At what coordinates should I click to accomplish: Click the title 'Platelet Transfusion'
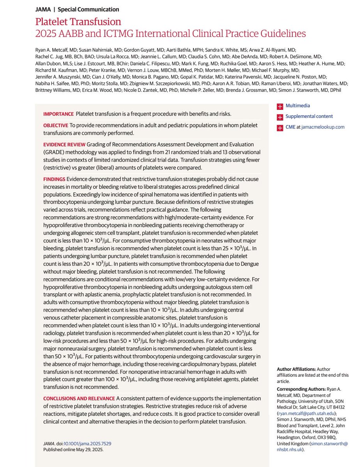click(78, 21)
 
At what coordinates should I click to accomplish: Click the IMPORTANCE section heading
click(58, 114)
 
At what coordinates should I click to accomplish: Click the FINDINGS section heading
click(54, 179)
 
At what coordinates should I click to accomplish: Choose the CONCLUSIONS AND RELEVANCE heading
click(79, 399)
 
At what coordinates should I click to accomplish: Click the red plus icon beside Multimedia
click(279, 106)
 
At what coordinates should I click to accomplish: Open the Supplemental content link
click(309, 116)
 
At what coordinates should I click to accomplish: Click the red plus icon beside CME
click(279, 128)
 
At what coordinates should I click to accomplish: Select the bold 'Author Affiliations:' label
click(296, 369)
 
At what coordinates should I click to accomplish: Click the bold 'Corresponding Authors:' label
click(301, 389)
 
